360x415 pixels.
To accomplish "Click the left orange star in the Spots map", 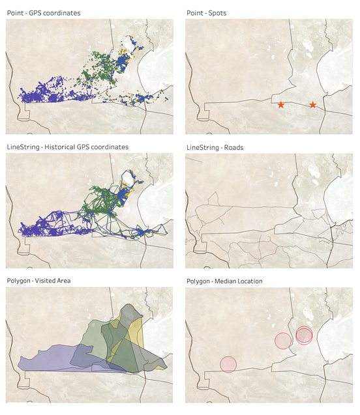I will click(x=280, y=105).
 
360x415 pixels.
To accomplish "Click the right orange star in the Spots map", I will click(x=313, y=105).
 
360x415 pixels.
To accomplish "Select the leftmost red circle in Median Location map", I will click(x=228, y=364).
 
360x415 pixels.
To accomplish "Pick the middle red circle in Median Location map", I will click(x=282, y=340).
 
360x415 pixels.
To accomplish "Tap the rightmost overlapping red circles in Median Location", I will click(x=304, y=335).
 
